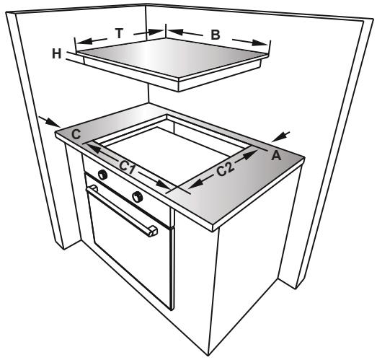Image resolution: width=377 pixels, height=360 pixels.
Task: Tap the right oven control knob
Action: (x=138, y=196)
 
